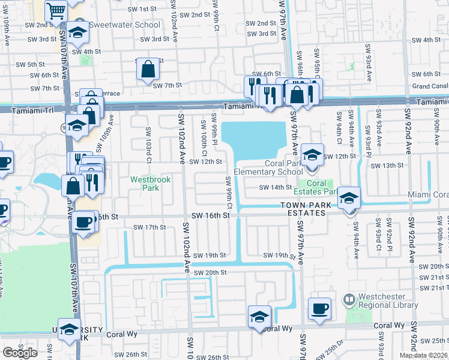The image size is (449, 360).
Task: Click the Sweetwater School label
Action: (125, 25)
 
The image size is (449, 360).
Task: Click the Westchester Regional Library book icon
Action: (349, 298)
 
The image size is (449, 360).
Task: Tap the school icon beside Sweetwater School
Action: (77, 34)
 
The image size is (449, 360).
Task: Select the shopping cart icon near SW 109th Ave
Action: (55, 10)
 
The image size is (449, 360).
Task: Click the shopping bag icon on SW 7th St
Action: (148, 70)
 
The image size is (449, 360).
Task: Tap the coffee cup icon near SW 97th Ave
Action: (319, 309)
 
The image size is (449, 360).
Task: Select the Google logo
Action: (20, 353)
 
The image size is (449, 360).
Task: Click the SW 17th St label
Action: (149, 227)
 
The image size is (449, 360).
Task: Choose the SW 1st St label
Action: (143, 10)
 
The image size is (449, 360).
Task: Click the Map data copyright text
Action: (421, 355)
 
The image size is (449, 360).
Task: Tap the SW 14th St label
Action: (275, 187)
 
